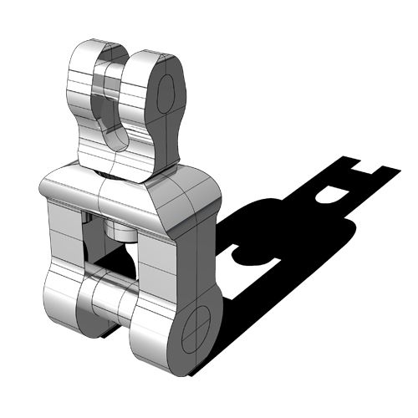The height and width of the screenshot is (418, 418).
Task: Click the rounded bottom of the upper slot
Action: (115, 138)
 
